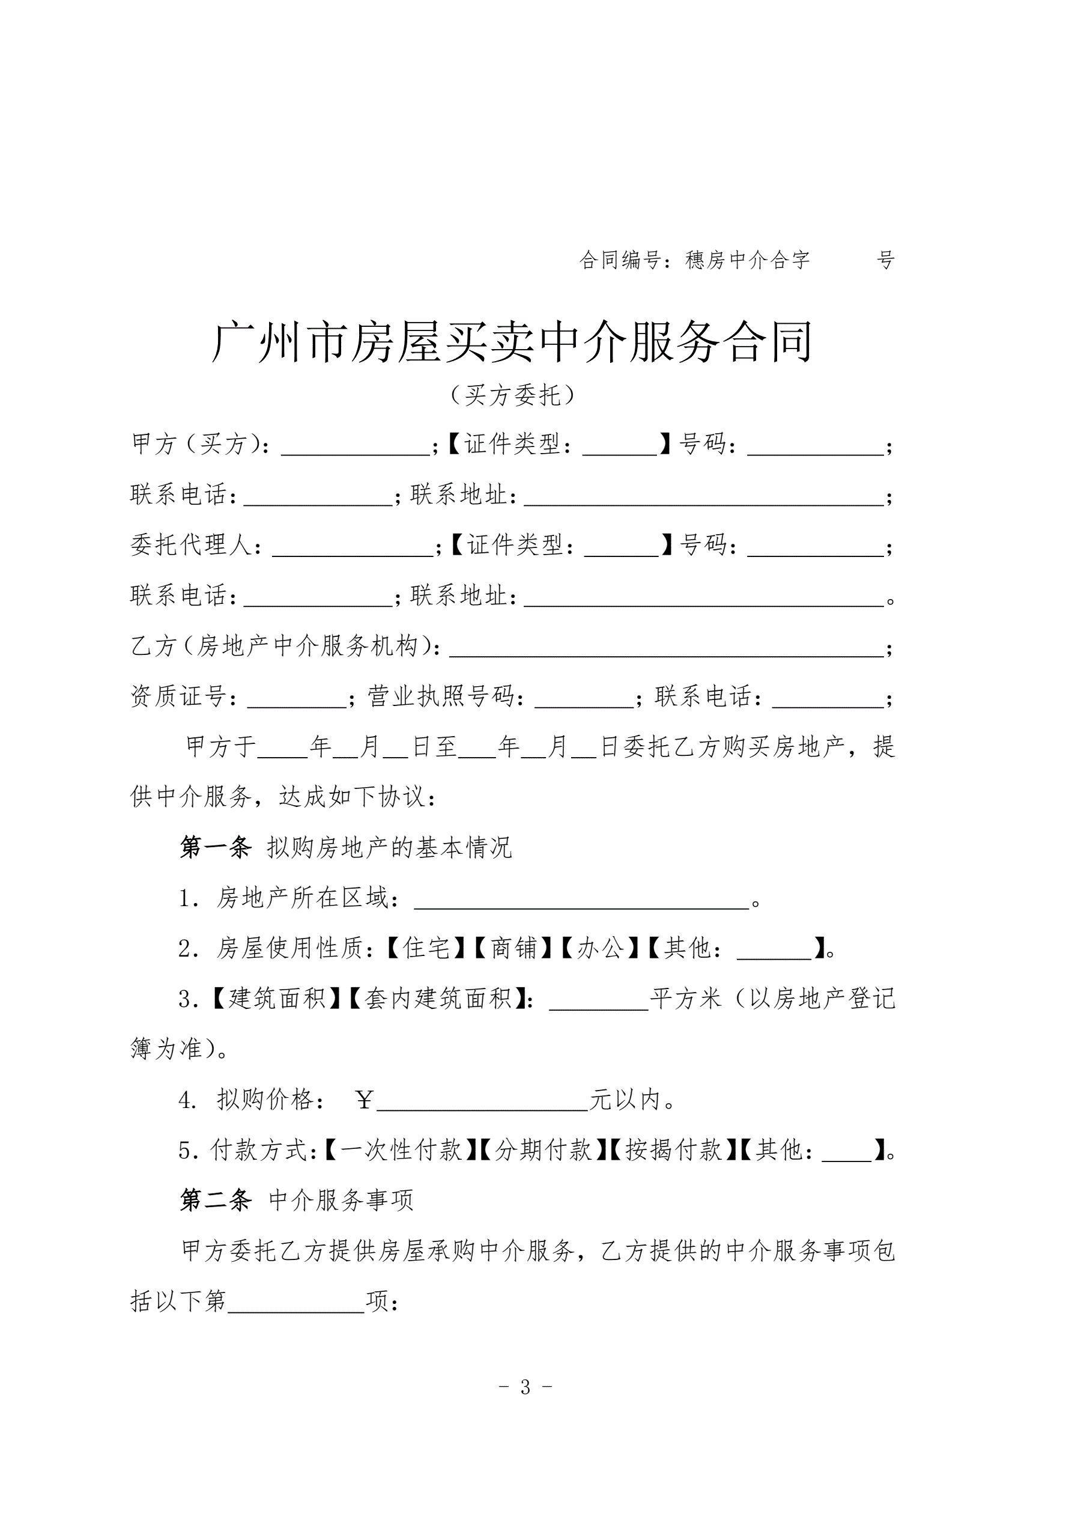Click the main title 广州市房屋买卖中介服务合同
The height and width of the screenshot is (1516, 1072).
point(512,342)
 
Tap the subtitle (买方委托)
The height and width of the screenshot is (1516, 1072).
point(512,395)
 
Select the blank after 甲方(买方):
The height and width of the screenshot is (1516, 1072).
point(356,447)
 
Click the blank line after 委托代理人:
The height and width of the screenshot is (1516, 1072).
point(353,548)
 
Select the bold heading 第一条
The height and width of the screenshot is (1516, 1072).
point(215,847)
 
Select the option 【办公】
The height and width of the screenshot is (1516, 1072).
point(600,949)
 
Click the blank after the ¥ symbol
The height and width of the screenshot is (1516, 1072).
point(482,1100)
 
